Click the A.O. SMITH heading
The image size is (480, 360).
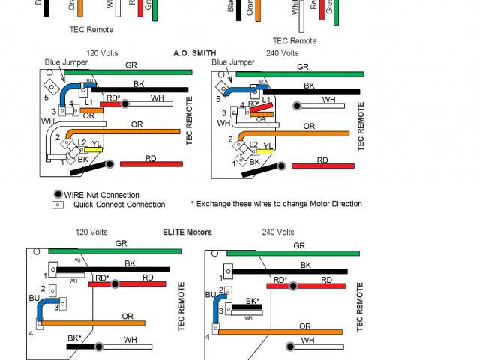tap(194, 53)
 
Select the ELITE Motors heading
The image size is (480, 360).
tap(187, 232)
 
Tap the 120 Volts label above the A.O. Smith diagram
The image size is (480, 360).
tap(103, 53)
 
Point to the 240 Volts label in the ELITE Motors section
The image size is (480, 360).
tap(277, 232)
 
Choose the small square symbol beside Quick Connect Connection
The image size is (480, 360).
tap(56, 205)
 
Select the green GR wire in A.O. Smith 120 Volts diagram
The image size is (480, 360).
tap(127, 72)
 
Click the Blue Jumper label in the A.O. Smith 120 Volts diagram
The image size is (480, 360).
tap(64, 62)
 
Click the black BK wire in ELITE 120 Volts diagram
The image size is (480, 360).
tap(112, 269)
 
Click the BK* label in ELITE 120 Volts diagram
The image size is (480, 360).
tap(74, 338)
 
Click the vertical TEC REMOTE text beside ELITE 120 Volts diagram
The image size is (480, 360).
tap(180, 307)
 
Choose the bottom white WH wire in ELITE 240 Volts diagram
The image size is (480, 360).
tap(315, 346)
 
